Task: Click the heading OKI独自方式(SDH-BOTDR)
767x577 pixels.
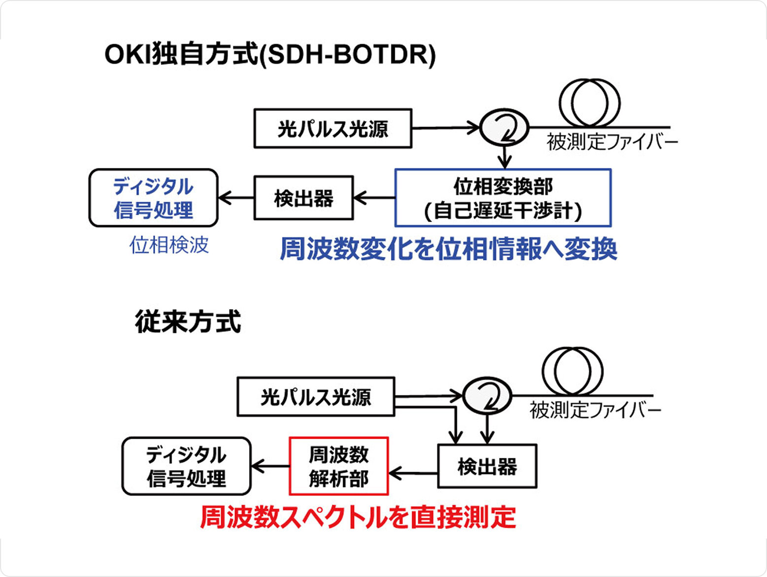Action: tap(270, 55)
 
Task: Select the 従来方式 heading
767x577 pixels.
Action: tap(188, 322)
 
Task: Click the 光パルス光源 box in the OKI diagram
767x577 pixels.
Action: tap(333, 128)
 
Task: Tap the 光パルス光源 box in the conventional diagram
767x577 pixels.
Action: tap(316, 397)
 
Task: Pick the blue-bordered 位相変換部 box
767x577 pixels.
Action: tap(503, 198)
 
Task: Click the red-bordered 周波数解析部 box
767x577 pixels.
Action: tap(339, 466)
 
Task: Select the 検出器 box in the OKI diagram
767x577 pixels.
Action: tap(304, 198)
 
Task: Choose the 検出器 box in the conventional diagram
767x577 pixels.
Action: tap(487, 466)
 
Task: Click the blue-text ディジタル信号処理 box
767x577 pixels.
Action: tap(154, 198)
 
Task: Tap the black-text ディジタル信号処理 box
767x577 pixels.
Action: tap(187, 466)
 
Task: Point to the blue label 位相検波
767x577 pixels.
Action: tap(169, 245)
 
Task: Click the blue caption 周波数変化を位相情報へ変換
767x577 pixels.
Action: tap(448, 249)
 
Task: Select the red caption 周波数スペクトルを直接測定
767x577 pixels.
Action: tap(358, 517)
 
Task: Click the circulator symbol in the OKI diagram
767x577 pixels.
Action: tap(504, 128)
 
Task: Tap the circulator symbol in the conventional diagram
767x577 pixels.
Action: tap(487, 395)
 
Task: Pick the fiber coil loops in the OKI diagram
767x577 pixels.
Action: tap(589, 103)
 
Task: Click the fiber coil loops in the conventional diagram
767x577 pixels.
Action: tap(573, 371)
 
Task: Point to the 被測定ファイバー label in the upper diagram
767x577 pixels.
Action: tap(612, 143)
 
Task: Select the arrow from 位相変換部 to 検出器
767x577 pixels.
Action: tap(374, 198)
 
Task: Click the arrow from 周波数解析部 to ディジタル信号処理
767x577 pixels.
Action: tap(270, 466)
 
